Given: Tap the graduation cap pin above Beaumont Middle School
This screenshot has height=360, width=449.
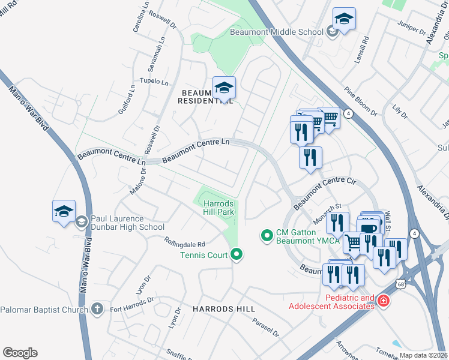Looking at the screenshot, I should pyautogui.click(x=344, y=20).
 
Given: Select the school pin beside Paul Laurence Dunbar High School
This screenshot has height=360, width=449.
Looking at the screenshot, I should pyautogui.click(x=64, y=212).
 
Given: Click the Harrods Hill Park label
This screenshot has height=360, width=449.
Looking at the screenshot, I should pyautogui.click(x=218, y=208).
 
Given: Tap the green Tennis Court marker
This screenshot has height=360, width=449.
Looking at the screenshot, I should pyautogui.click(x=237, y=255).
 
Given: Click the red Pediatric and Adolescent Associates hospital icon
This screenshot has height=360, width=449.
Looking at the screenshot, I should pyautogui.click(x=382, y=301).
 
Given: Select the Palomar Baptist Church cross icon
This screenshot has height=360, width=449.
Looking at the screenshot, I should pyautogui.click(x=97, y=309).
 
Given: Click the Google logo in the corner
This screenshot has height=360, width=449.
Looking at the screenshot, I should pyautogui.click(x=20, y=353).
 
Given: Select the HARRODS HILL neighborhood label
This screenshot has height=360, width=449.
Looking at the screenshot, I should pyautogui.click(x=224, y=308).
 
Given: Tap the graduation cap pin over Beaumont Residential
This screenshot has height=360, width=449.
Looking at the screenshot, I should pyautogui.click(x=224, y=89).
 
